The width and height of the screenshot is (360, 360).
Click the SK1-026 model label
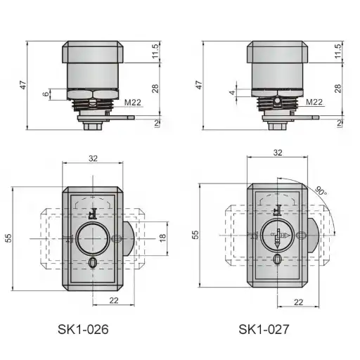(x=83, y=329)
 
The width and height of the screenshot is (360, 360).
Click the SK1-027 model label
(x=264, y=329)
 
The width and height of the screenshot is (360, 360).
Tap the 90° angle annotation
(x=321, y=191)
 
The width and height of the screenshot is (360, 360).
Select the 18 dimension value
(x=162, y=238)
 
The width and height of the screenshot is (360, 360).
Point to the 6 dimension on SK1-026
(x=46, y=94)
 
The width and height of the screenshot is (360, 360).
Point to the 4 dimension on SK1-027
(x=232, y=93)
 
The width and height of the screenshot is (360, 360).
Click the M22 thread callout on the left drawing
(x=132, y=103)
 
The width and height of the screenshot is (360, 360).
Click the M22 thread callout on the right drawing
(x=314, y=102)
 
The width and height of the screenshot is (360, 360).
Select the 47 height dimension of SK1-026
(x=23, y=85)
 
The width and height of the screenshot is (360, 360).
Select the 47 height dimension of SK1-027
(x=199, y=85)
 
